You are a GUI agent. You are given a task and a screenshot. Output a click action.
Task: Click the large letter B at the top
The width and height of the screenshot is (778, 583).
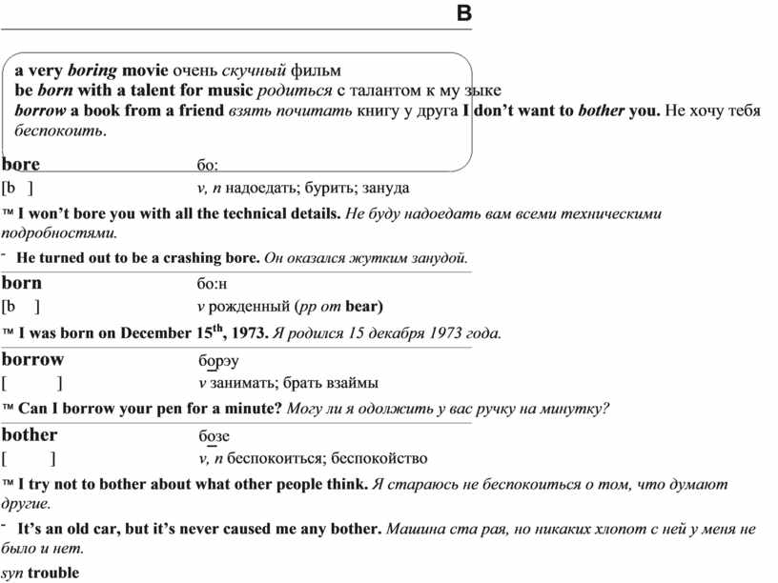pyautogui.click(x=464, y=13)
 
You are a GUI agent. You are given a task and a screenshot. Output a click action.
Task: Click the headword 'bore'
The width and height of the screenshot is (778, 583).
pyautogui.click(x=21, y=164)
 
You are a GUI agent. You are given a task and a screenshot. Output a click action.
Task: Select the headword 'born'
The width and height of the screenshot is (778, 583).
pyautogui.click(x=22, y=283)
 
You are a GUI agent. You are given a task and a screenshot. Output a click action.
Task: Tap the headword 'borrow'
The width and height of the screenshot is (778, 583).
pyautogui.click(x=33, y=359)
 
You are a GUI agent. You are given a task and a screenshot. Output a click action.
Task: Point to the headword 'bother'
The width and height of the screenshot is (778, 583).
pyautogui.click(x=30, y=434)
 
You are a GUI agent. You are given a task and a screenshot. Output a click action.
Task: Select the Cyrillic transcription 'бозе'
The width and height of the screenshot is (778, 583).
pyautogui.click(x=214, y=436)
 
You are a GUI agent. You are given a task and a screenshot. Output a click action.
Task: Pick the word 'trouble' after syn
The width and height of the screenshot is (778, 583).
pyautogui.click(x=53, y=573)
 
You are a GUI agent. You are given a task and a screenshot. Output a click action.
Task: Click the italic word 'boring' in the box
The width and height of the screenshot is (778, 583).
pyautogui.click(x=92, y=70)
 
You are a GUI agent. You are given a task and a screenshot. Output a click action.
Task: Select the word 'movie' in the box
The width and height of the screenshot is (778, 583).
pyautogui.click(x=145, y=70)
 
